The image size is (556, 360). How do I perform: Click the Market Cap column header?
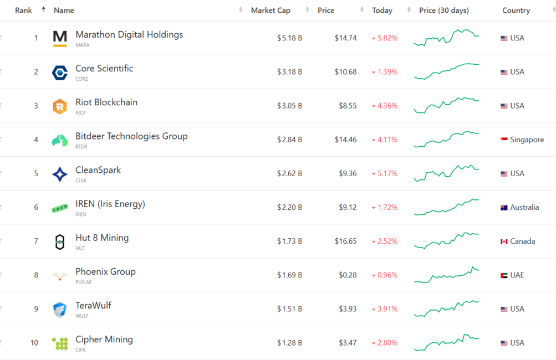(x=271, y=11)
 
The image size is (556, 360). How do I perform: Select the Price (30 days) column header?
(x=444, y=11)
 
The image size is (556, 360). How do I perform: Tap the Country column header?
(x=516, y=11)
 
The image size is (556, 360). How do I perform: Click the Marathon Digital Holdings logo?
(x=60, y=38)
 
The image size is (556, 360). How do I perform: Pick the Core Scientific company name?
(x=104, y=69)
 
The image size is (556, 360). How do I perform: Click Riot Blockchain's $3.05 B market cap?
(x=289, y=106)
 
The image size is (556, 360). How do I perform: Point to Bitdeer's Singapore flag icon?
(x=504, y=140)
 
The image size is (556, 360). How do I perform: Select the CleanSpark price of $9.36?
(x=348, y=173)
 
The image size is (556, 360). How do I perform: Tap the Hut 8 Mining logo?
(x=60, y=242)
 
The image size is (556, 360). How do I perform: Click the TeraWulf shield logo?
(x=60, y=310)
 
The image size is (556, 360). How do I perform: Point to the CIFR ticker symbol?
(x=81, y=350)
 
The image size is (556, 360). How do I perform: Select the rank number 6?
(x=36, y=207)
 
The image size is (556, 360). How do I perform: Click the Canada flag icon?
(x=504, y=241)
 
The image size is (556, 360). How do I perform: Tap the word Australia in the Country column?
(x=524, y=207)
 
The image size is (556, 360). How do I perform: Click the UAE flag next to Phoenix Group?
(x=504, y=275)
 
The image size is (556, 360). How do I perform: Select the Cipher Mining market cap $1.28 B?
(x=289, y=343)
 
